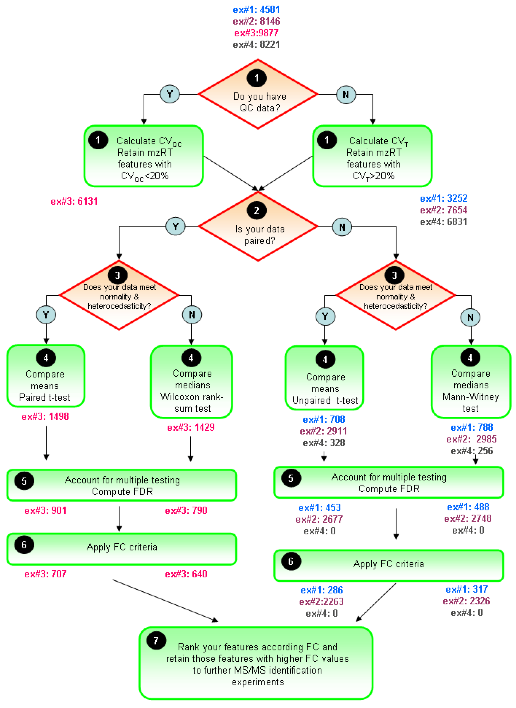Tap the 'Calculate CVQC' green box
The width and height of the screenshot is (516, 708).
coord(144,156)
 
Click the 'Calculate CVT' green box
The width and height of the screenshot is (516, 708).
coord(372,156)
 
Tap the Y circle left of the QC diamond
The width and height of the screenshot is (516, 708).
coord(170,94)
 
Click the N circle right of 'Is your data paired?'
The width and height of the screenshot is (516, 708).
coord(342,227)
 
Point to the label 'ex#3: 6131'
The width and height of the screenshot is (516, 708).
coord(74,201)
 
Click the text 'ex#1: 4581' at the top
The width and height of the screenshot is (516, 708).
coord(256,10)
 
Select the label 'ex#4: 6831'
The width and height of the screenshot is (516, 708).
coord(444,222)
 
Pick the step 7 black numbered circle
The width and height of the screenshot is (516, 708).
coord(156,641)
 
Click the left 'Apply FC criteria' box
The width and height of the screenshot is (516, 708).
coord(122,549)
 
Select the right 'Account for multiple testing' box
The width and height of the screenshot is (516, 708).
coord(389,483)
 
